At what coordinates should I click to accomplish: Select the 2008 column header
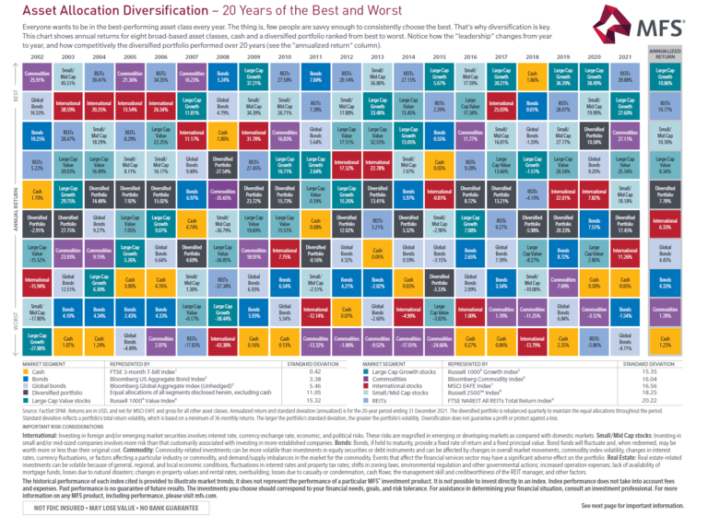(224, 58)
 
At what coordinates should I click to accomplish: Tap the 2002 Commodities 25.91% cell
(37, 78)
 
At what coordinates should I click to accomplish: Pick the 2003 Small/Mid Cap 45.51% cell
(69, 78)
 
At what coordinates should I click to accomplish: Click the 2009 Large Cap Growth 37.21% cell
(255, 78)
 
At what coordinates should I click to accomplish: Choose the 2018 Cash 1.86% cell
(530, 78)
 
